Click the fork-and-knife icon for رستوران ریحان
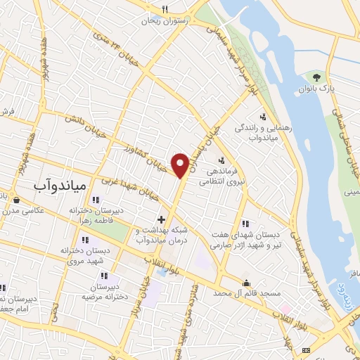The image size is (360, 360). tap(165, 10)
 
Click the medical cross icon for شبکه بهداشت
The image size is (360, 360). tap(161, 220)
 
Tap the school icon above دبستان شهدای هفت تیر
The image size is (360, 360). tap(245, 224)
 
